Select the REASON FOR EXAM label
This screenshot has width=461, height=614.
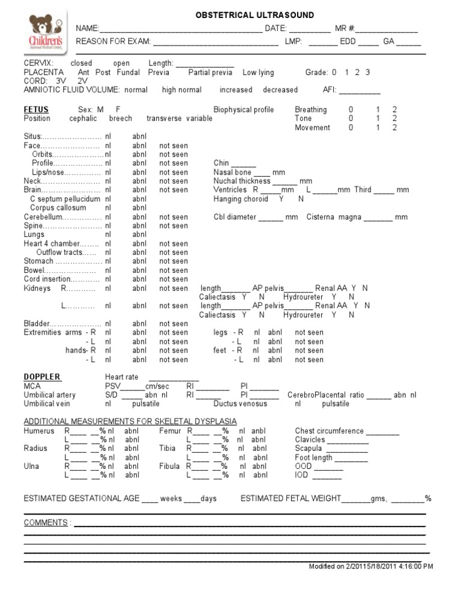[x=112, y=42]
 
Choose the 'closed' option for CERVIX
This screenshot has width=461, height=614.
[x=81, y=64]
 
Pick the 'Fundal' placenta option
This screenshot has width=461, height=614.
[x=126, y=73]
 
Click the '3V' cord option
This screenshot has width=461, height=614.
[x=61, y=81]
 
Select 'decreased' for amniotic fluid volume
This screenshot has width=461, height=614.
[x=280, y=90]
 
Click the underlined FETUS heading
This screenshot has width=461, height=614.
[x=36, y=110]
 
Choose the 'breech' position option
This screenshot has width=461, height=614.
[x=120, y=119]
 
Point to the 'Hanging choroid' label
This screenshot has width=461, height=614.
[x=240, y=199]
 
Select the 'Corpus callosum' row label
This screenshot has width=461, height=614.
[x=55, y=208]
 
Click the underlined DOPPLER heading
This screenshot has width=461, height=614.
[x=42, y=377]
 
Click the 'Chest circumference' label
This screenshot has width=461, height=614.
[x=329, y=431]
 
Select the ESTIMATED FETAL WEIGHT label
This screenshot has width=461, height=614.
[x=291, y=499]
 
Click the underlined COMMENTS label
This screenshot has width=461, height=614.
[x=45, y=523]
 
